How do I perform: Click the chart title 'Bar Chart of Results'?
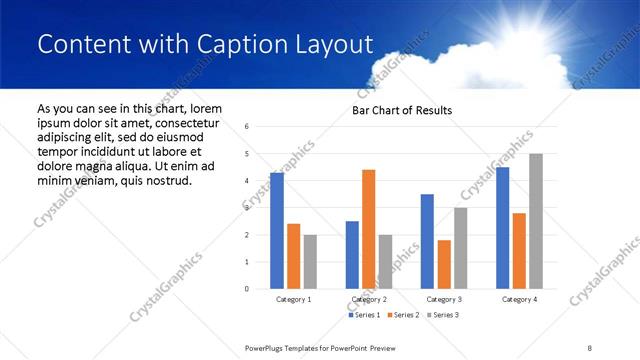(401, 110)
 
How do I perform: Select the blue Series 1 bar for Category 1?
(277, 231)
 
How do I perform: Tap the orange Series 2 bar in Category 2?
(368, 229)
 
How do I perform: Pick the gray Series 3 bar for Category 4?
(536, 221)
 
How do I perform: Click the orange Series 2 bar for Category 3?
(444, 264)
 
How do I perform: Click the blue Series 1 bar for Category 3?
(427, 241)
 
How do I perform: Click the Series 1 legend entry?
(364, 315)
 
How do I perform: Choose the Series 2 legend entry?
(402, 315)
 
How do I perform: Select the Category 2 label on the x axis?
(369, 299)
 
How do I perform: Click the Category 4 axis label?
(519, 299)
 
